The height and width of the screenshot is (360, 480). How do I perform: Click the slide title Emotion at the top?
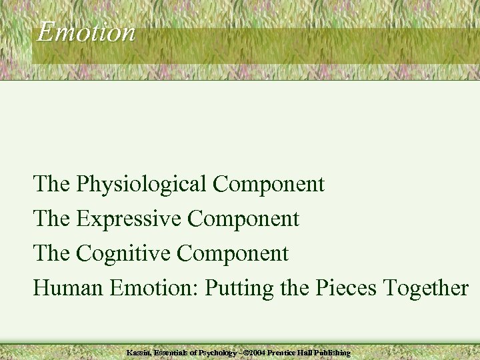[x=85, y=31]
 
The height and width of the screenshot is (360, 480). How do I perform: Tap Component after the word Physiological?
[x=269, y=184]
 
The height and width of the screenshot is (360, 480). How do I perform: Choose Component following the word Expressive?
[x=243, y=219]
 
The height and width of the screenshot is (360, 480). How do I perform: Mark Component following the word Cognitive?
[x=233, y=253]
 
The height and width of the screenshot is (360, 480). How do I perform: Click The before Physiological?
[x=52, y=184]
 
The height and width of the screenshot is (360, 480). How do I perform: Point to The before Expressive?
[x=52, y=219]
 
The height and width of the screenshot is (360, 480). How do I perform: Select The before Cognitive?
[x=52, y=253]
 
